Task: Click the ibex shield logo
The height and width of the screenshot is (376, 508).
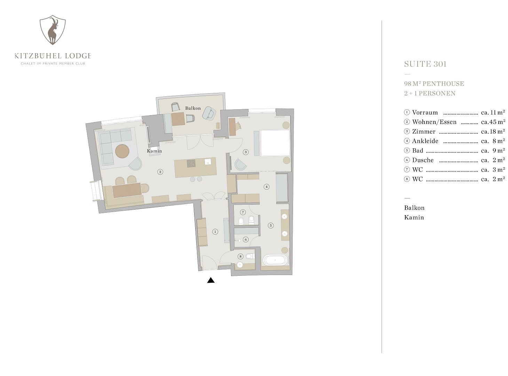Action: tap(53, 30)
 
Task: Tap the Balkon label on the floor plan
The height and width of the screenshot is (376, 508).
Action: tap(193, 108)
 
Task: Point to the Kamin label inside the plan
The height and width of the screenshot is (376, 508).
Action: tap(154, 151)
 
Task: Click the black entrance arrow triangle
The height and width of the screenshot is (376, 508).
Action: tap(211, 280)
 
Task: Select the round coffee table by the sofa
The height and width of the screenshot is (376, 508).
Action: tap(122, 151)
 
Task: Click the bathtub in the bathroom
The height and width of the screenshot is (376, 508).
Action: tap(275, 260)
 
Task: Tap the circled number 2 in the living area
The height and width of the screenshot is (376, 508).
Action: tap(160, 172)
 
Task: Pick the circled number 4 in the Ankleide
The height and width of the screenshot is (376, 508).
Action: tap(267, 187)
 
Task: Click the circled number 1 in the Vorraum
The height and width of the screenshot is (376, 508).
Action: tap(215, 232)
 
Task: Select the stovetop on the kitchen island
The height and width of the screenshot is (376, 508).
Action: tap(191, 163)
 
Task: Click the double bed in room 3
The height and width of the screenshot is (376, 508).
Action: tap(275, 143)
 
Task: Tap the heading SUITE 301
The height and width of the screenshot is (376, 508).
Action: tap(425, 64)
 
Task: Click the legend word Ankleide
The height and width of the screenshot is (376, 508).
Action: tap(425, 141)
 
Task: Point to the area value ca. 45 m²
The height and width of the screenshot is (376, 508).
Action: tap(493, 122)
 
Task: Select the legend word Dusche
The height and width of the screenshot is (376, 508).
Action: tap(423, 160)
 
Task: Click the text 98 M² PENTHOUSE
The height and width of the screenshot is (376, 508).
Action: tap(434, 84)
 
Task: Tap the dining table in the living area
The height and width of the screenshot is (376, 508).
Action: tap(127, 190)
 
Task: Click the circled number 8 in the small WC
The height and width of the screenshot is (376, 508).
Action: tap(240, 256)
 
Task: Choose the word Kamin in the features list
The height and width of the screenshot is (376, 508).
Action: tap(414, 217)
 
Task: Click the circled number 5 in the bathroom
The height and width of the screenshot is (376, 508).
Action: tap(270, 226)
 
